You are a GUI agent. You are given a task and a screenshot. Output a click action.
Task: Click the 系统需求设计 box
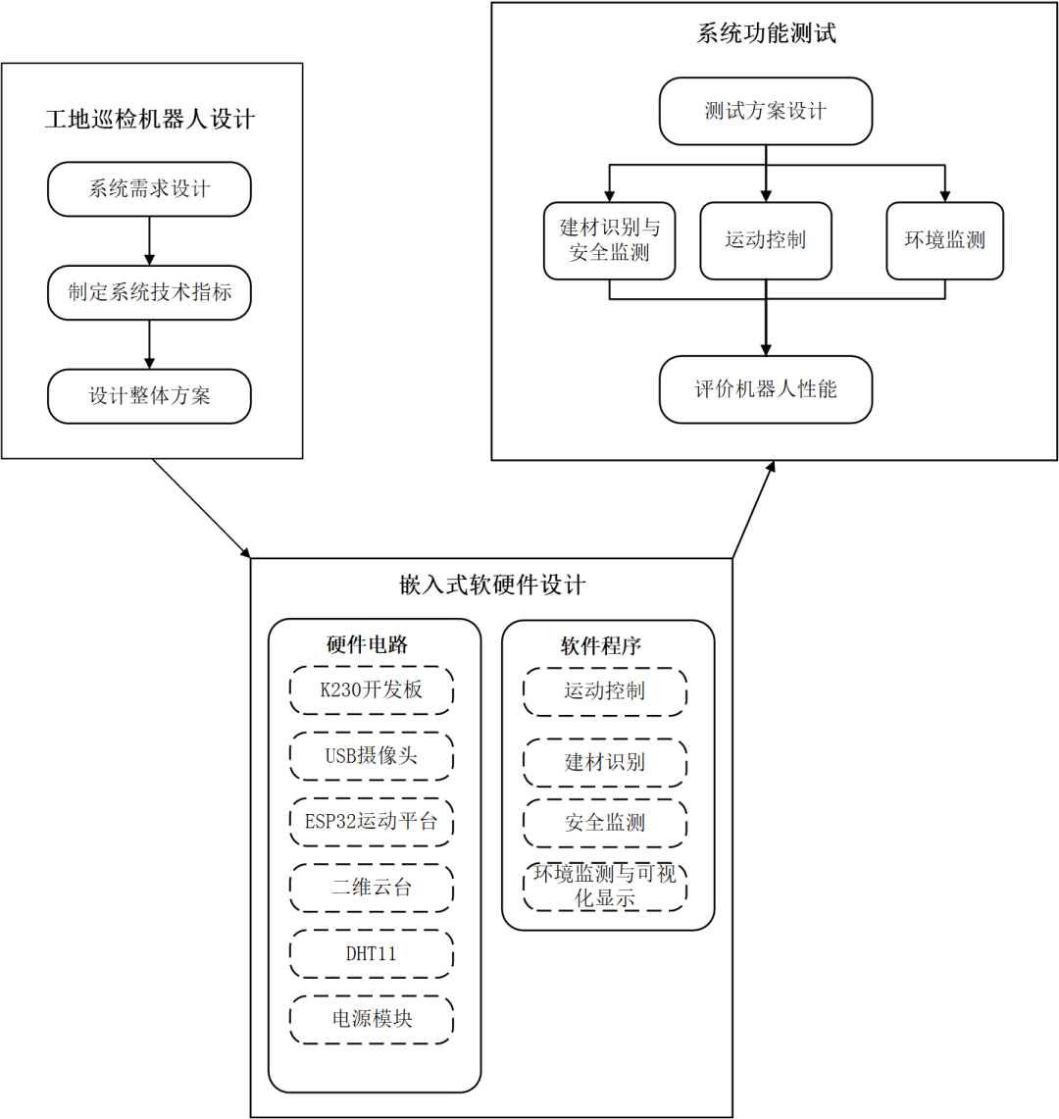[149, 189]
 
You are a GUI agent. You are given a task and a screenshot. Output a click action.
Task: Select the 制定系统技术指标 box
[149, 292]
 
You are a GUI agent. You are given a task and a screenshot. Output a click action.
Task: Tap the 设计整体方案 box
[149, 396]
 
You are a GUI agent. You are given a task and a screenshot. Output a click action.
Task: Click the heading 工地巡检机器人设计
[150, 120]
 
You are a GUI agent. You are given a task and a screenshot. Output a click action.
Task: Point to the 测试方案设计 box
[766, 111]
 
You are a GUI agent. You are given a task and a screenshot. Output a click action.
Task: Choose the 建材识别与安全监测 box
[609, 240]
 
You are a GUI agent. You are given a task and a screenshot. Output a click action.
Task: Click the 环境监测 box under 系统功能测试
[944, 240]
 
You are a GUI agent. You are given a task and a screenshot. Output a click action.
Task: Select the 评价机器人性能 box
[766, 389]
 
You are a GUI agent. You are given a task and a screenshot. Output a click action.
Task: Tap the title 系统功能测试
[767, 33]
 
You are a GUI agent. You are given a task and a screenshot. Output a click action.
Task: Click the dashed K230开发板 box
[372, 690]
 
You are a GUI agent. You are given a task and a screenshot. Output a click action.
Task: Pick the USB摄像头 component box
[372, 756]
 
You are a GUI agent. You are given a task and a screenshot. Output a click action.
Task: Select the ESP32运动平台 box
[372, 822]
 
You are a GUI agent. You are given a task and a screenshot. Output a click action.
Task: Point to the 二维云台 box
[372, 888]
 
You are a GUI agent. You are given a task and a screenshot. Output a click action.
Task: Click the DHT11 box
[372, 953]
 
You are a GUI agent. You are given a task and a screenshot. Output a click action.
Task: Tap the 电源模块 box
[372, 1019]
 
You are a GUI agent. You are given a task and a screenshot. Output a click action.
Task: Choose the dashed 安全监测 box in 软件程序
[605, 823]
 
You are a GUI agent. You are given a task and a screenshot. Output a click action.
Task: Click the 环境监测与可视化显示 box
[605, 886]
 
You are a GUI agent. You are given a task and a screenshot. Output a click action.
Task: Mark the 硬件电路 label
[367, 644]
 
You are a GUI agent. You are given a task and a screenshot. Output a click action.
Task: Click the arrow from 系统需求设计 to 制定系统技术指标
[149, 240]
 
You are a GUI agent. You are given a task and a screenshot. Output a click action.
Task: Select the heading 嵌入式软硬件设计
[492, 585]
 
